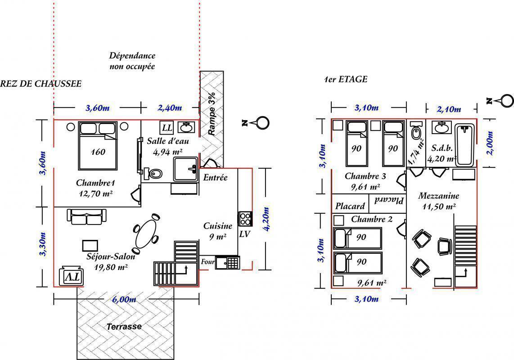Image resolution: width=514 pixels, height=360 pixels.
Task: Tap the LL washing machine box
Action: [x=167, y=127]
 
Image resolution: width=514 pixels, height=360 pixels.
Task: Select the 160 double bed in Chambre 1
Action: [x=98, y=145]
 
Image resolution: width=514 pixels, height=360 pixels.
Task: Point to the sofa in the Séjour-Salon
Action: [x=86, y=217]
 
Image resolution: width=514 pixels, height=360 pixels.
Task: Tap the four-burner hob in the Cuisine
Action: [x=245, y=219]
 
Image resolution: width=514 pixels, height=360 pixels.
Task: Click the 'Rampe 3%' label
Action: [x=212, y=114]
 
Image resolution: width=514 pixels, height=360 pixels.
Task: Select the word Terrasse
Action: [x=124, y=327]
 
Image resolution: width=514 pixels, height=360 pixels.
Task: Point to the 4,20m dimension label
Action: [x=266, y=219]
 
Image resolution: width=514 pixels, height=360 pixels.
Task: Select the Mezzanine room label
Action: [x=438, y=196]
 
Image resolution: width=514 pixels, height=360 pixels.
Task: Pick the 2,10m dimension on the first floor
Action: [x=449, y=109]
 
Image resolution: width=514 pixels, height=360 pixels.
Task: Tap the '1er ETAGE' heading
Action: [x=345, y=79]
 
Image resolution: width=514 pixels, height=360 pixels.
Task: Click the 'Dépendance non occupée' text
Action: [x=132, y=61]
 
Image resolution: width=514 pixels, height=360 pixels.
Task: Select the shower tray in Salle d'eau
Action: [x=185, y=169]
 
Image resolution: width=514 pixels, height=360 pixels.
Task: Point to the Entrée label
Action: [x=216, y=177]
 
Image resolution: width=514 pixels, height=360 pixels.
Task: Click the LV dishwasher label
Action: [x=244, y=234]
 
